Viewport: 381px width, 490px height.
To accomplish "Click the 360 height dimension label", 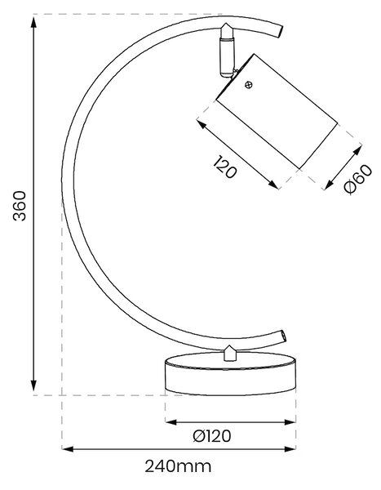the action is pyautogui.click(x=20, y=205).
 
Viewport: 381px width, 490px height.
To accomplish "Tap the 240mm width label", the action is pyautogui.click(x=178, y=466).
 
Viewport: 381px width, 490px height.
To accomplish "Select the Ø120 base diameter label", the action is pyautogui.click(x=212, y=436).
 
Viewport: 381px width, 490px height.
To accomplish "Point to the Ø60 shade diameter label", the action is pyautogui.click(x=358, y=179).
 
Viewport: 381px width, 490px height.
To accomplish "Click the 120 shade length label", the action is pyautogui.click(x=225, y=167).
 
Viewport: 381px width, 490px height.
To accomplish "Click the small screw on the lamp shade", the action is pyautogui.click(x=249, y=85).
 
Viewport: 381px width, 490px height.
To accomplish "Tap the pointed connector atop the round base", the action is pyautogui.click(x=230, y=353).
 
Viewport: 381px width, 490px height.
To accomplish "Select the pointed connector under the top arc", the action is pyautogui.click(x=227, y=30).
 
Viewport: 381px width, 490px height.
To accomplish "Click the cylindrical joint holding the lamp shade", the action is pyautogui.click(x=227, y=57).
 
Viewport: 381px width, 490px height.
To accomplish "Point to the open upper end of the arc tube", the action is pyautogui.click(x=281, y=32).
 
